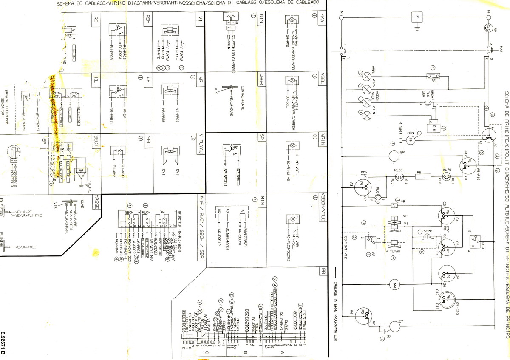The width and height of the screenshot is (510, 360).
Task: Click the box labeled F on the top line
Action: (418, 17)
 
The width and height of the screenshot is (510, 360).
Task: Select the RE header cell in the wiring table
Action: (96, 19)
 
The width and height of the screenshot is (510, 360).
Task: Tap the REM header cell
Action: (148, 19)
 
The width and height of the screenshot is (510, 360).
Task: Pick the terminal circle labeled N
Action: (340, 17)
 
